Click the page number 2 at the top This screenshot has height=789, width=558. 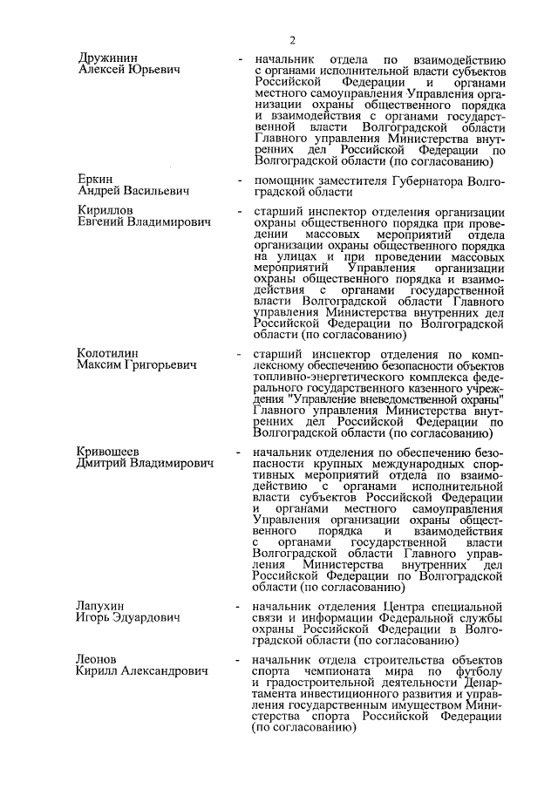coord(293,38)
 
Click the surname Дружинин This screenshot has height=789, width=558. coord(106,58)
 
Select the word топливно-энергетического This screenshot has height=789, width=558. coord(327,379)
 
